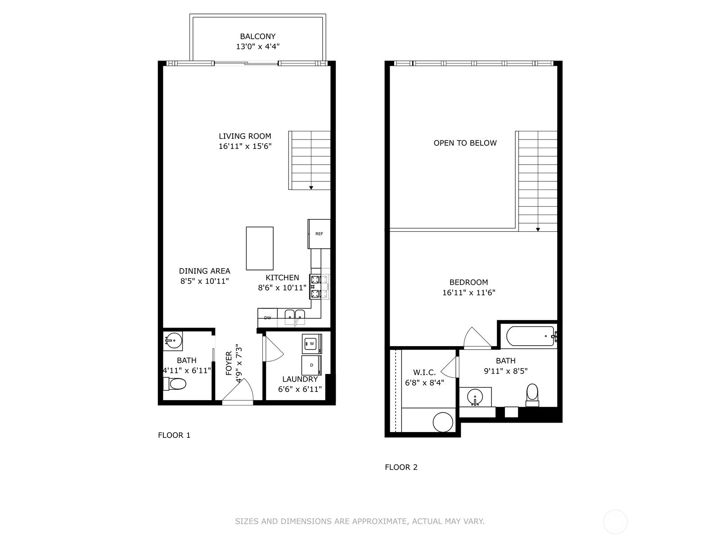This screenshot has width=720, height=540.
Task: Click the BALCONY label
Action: [257, 36]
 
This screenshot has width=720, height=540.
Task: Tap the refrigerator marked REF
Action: [319, 234]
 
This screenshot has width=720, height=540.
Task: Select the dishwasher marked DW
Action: [268, 318]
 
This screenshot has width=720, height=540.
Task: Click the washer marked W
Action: [311, 344]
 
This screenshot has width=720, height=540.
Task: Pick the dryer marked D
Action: [311, 365]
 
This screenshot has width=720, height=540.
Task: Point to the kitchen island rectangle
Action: [260, 248]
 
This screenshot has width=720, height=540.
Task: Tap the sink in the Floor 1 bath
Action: [173, 341]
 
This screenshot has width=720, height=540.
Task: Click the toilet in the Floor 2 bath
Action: [532, 393]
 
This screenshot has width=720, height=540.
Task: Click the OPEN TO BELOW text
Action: [465, 143]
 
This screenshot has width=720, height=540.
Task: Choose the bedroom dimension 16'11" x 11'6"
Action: [469, 292]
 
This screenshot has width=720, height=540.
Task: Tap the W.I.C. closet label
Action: [424, 373]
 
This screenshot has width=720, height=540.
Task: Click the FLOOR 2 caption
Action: [401, 467]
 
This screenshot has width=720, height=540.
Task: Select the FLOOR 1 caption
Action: [174, 435]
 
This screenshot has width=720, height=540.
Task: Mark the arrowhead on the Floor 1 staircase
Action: [311, 188]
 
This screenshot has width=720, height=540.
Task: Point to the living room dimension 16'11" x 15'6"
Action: [245, 146]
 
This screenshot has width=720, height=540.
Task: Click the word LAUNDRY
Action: [300, 379]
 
